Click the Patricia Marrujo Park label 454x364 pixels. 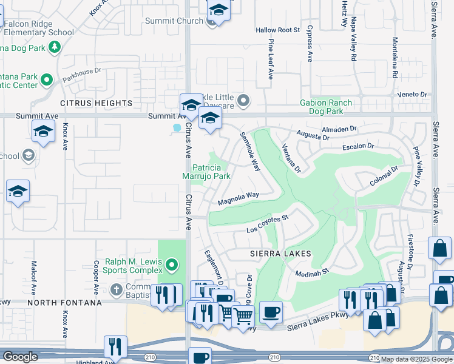point(211,172)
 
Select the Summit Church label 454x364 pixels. point(174,21)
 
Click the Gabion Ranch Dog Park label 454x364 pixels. point(326,107)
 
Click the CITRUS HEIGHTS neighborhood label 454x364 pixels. point(96,104)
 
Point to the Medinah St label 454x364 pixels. point(311,273)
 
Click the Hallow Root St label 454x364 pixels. point(278,30)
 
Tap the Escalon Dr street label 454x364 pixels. point(359,146)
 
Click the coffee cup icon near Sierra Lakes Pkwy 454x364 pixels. point(271,312)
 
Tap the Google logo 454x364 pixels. point(20,357)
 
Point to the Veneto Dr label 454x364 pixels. point(413,95)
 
